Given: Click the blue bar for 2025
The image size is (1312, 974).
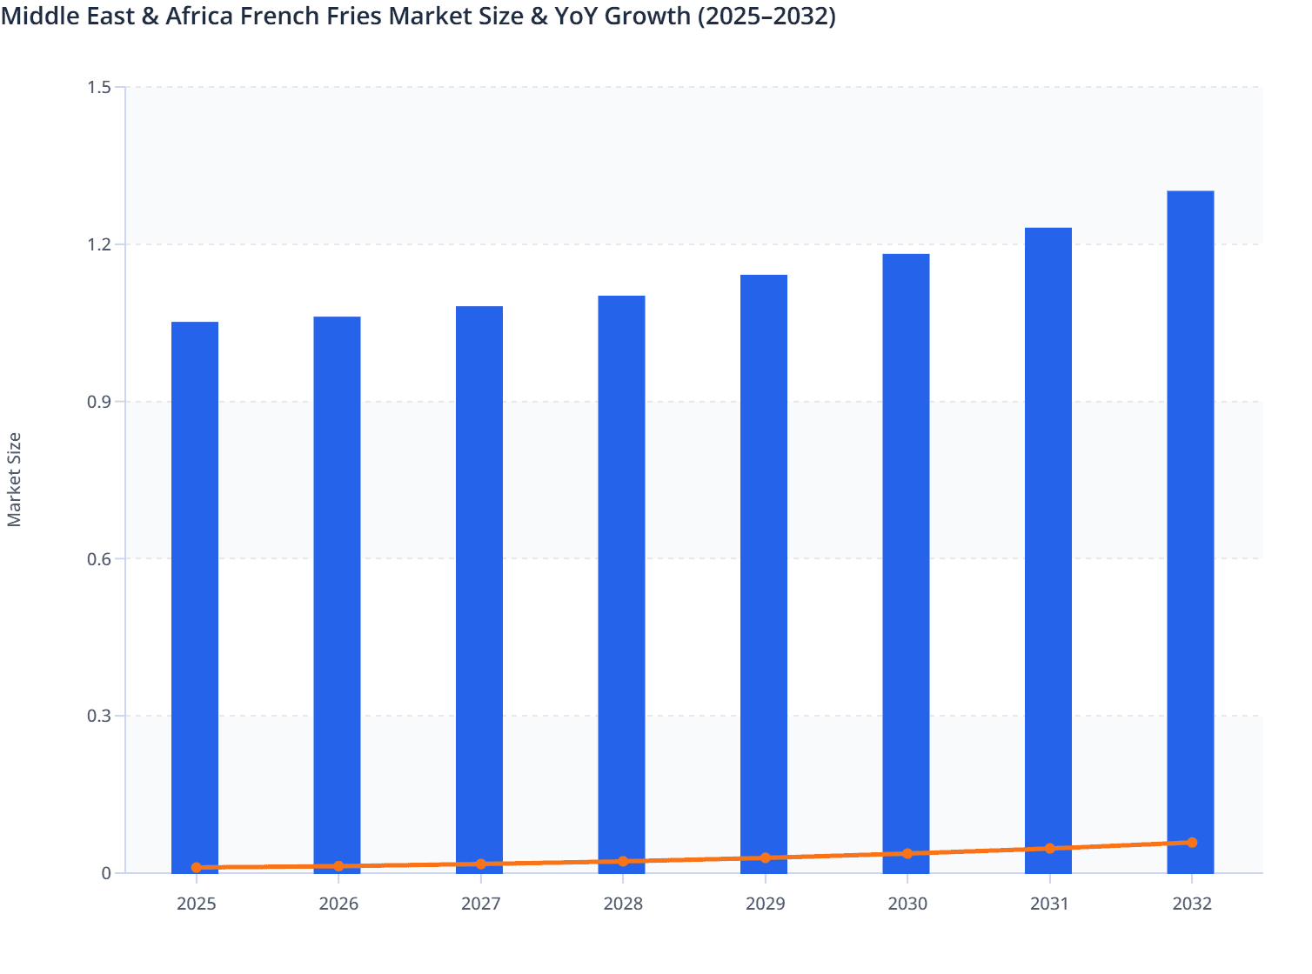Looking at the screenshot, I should (195, 591).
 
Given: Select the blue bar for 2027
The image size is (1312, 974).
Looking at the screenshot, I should (479, 583).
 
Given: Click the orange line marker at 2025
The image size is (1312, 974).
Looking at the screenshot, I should (197, 867).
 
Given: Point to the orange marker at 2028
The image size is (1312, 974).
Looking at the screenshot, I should (623, 861).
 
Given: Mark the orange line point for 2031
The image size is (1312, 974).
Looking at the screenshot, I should (1049, 848).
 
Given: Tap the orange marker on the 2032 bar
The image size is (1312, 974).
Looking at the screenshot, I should (1192, 842).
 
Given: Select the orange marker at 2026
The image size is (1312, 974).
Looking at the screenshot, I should (338, 866).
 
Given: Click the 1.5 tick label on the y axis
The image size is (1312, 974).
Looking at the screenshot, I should (99, 87).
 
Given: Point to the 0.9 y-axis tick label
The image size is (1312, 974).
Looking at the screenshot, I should (99, 402).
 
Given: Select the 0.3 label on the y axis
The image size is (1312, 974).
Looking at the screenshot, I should (99, 716).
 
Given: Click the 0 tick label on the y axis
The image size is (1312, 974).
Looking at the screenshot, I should (106, 873).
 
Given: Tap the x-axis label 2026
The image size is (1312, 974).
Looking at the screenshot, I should (338, 904).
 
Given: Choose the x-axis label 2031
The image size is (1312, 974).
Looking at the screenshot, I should (1049, 904).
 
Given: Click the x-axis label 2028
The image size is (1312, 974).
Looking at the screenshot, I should (623, 904).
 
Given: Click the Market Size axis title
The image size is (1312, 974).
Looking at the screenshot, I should (14, 479).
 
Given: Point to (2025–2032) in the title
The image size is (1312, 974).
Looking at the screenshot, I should (766, 16).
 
